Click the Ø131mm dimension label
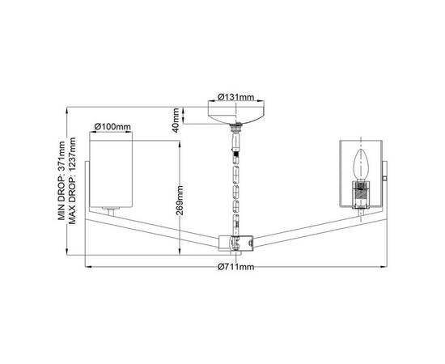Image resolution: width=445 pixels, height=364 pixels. click(x=235, y=97)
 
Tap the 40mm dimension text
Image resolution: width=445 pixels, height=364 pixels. click(x=176, y=120)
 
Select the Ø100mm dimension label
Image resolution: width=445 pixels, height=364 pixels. click(x=112, y=126)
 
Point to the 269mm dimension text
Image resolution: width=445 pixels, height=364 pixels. click(x=180, y=201)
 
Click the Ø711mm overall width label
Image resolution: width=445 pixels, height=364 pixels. click(x=235, y=267)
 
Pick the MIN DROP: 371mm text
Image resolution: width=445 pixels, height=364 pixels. click(x=61, y=180)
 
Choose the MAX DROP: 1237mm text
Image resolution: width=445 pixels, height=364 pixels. click(x=72, y=180)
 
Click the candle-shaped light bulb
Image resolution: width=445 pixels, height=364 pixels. click(x=361, y=164)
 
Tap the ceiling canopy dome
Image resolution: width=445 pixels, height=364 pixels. click(x=236, y=115)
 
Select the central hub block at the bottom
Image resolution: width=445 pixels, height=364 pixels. click(x=235, y=243)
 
